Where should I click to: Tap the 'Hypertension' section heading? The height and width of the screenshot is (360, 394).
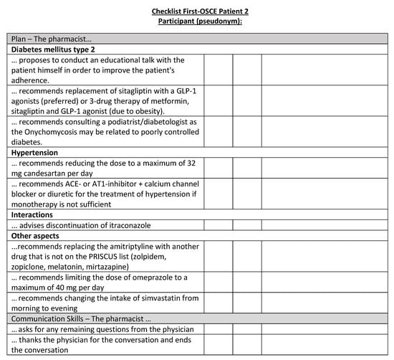[x=36, y=153]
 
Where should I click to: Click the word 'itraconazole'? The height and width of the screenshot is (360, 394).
[x=136, y=225]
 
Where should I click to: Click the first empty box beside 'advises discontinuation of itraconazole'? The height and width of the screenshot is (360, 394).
[x=218, y=225]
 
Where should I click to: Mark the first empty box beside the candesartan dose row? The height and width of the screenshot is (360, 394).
[x=218, y=169]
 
